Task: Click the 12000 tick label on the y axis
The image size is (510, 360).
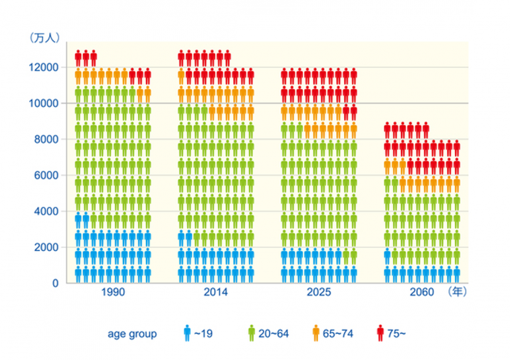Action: click(44, 67)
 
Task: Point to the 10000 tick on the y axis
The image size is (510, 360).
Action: click(44, 104)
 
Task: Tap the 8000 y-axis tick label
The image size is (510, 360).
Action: click(46, 139)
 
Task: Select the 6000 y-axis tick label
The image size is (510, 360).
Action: click(46, 175)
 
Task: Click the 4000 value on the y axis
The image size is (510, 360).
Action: click(46, 211)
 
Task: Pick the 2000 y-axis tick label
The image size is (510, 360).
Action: click(46, 247)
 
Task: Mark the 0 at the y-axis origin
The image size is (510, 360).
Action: click(56, 283)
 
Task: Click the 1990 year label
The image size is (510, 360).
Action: click(113, 292)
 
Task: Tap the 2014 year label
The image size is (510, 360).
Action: click(216, 292)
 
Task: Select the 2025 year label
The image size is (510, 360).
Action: click(319, 292)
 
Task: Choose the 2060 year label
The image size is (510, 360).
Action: click(422, 292)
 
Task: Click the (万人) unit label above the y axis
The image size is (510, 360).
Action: click(45, 38)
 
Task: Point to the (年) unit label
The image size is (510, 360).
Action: click(458, 292)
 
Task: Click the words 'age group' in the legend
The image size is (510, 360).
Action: click(132, 334)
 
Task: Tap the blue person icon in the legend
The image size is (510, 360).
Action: click(187, 333)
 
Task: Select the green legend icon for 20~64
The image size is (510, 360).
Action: click(252, 333)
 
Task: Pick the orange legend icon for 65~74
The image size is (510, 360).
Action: click(316, 333)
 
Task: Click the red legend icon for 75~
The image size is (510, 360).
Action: click(381, 333)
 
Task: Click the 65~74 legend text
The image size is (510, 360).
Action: click(338, 333)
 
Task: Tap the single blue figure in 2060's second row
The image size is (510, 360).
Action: click(387, 256)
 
